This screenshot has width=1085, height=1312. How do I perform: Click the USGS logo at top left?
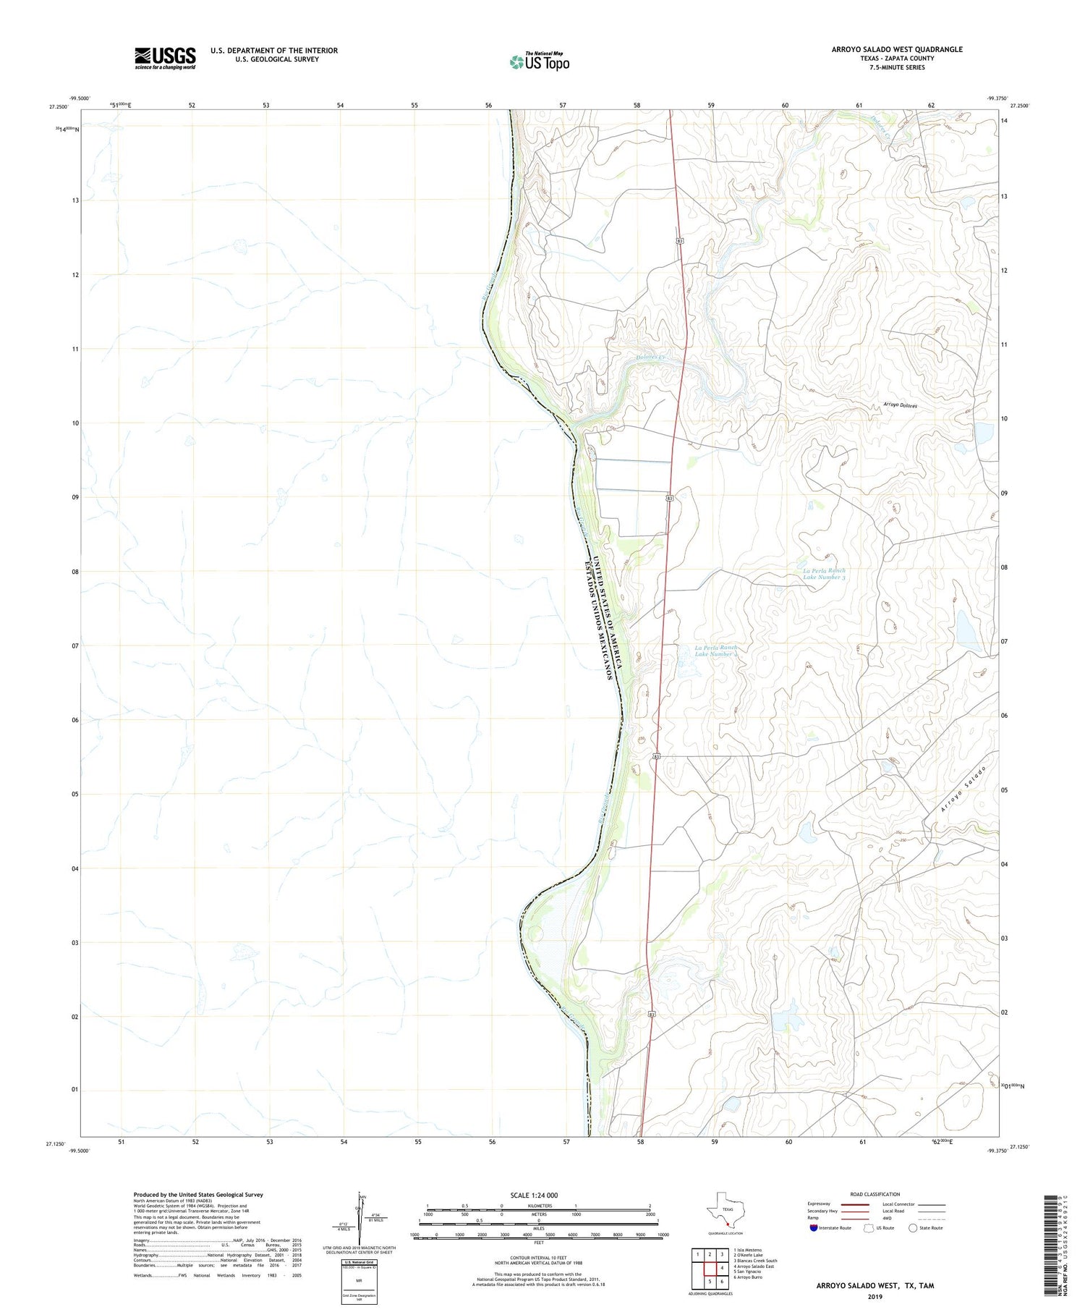click(x=165, y=58)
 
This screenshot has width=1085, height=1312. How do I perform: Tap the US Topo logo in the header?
click(x=539, y=62)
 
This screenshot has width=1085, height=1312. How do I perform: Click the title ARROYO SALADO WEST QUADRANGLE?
click(x=897, y=49)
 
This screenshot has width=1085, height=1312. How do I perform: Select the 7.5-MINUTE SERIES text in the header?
click(x=897, y=67)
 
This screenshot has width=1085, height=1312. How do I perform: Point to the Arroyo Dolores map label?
click(x=900, y=406)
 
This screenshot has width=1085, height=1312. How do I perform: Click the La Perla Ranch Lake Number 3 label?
click(x=824, y=574)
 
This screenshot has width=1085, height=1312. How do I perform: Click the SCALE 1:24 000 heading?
click(x=538, y=1195)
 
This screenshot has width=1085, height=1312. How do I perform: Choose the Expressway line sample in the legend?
click(x=857, y=1204)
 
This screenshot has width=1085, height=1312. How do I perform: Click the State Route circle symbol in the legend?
click(x=912, y=1228)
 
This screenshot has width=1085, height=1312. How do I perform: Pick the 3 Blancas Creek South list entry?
click(x=755, y=1261)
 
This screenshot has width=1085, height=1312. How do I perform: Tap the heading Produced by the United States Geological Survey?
click(x=198, y=1195)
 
